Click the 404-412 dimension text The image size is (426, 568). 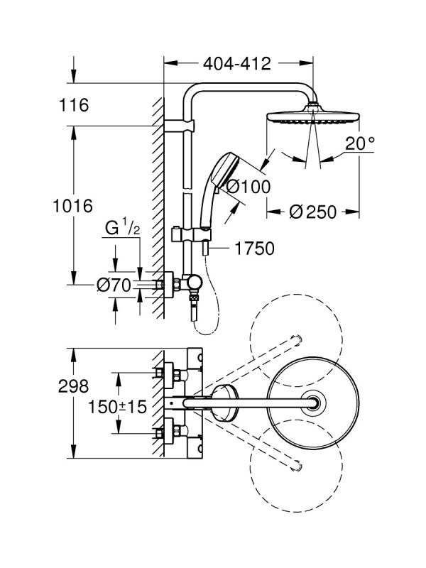237,64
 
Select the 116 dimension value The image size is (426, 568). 74,105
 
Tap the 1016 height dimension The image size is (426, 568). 73,206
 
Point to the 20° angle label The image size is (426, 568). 359,143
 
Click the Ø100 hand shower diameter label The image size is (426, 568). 248,187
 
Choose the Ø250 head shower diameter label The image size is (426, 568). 313,212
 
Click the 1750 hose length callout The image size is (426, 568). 255,248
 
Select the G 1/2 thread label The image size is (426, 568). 122,229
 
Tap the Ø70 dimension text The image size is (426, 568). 114,285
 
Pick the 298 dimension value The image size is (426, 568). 74,386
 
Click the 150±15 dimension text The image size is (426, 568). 118,407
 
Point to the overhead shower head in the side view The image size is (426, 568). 313,115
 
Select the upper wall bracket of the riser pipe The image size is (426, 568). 180,126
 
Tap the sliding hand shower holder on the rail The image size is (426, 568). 190,235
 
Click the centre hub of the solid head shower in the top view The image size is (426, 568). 313,403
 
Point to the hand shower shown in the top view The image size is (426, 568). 224,403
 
